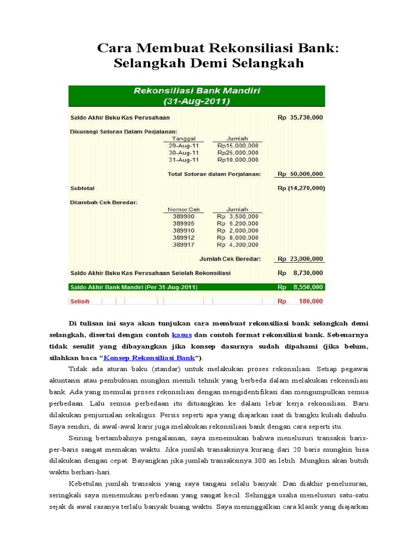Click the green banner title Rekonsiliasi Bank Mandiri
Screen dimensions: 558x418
[196, 91]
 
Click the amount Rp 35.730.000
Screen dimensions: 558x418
[300, 117]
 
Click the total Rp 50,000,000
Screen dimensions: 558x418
[300, 174]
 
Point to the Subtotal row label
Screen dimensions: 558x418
[82, 188]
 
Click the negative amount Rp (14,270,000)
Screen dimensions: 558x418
[300, 188]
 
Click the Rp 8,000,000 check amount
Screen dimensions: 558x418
[237, 238]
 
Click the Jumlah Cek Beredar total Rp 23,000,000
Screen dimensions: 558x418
[300, 259]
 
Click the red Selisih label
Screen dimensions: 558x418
[79, 301]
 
